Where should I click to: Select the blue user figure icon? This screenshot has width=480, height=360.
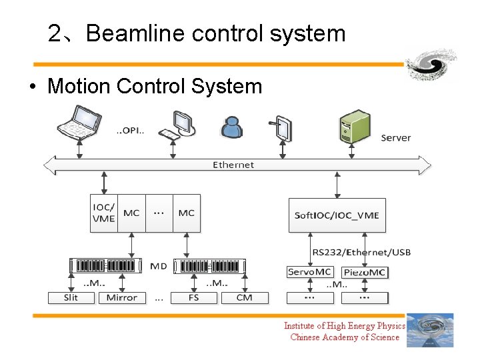click(x=231, y=127)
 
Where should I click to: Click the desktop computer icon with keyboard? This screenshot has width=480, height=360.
click(x=178, y=125)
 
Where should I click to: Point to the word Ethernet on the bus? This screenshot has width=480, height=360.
click(x=233, y=165)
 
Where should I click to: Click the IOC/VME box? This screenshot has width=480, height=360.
click(x=103, y=213)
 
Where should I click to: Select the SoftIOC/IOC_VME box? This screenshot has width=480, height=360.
click(x=337, y=215)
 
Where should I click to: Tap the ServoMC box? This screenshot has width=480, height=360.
click(x=309, y=272)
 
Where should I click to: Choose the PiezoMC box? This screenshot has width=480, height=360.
click(x=364, y=272)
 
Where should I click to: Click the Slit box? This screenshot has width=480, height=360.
click(x=71, y=297)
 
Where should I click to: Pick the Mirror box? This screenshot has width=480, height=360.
click(x=122, y=297)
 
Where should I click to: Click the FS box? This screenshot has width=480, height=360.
click(x=194, y=297)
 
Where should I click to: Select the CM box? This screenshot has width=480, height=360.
click(x=244, y=297)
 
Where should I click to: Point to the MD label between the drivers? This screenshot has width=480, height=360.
click(x=159, y=266)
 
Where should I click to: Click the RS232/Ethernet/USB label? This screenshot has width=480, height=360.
click(x=362, y=252)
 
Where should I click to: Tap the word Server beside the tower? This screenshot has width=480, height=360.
click(x=396, y=138)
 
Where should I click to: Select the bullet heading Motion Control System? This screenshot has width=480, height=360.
click(x=155, y=86)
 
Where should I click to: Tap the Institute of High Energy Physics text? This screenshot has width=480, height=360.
click(x=344, y=325)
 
